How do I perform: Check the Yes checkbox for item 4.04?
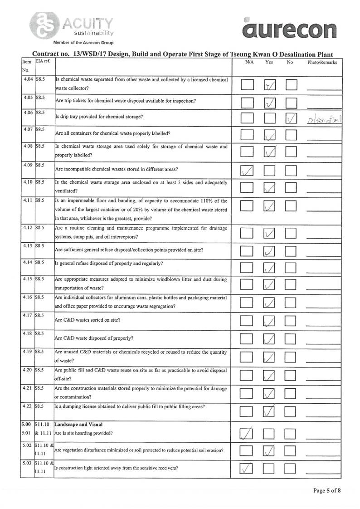click(269, 84)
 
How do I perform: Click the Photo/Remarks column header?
click(322, 63)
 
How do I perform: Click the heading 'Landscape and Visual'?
click(75, 425)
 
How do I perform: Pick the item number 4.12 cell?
click(28, 228)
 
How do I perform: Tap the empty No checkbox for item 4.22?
click(291, 411)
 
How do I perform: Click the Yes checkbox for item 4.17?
click(269, 322)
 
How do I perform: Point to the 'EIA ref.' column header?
click(43, 62)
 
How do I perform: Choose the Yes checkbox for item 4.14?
click(269, 268)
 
